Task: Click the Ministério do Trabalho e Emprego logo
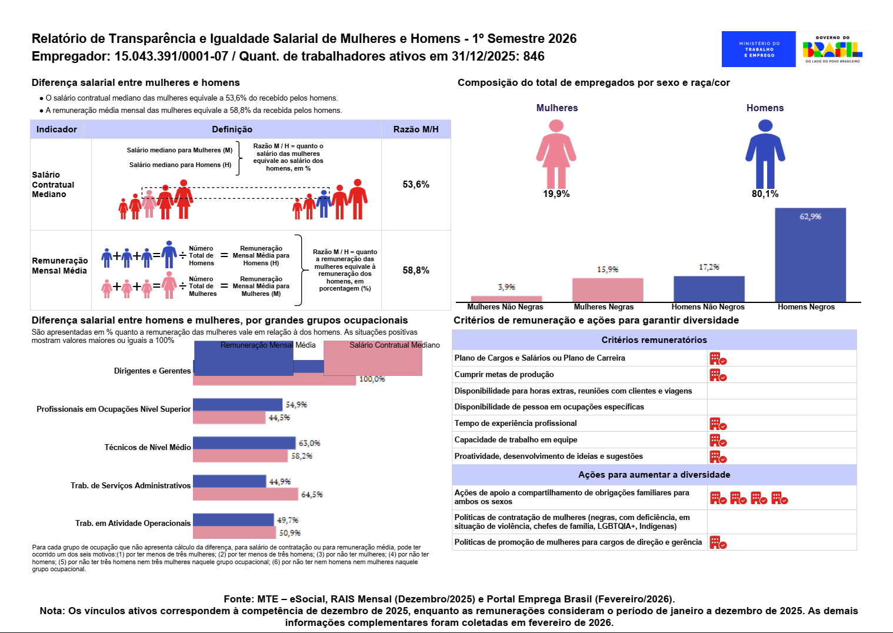[758, 49]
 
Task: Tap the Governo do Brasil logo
[832, 49]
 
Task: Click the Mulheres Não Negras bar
[506, 299]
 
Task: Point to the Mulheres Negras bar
[607, 290]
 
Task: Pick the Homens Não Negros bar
[709, 289]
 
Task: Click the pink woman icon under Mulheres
[556, 153]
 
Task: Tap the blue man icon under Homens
[765, 153]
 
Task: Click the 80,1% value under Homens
[765, 194]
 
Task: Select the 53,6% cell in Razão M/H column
[416, 185]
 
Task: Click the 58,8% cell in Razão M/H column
[416, 271]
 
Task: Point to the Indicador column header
[56, 129]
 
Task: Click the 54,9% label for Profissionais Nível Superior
[296, 405]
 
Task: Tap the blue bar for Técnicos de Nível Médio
[244, 443]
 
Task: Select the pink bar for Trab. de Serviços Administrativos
[245, 494]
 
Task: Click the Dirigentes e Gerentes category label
[152, 371]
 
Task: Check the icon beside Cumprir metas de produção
[718, 375]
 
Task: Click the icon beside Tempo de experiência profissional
[718, 424]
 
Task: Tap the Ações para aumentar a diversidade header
[654, 475]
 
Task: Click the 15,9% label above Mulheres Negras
[608, 269]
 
